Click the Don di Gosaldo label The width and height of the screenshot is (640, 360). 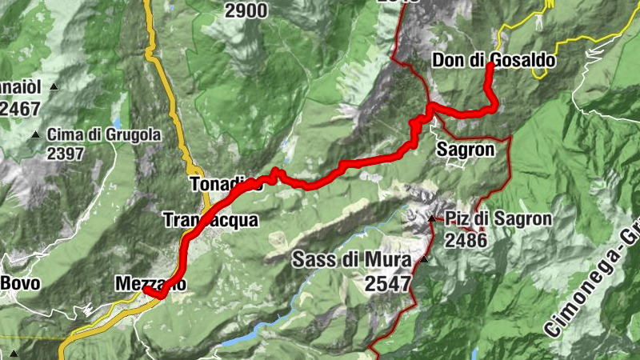(493, 60)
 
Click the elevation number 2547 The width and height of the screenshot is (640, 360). (387, 282)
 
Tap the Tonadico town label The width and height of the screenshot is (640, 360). (227, 185)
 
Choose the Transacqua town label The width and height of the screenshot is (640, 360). (210, 220)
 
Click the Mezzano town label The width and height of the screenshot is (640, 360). (150, 283)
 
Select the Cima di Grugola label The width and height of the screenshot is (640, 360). (104, 135)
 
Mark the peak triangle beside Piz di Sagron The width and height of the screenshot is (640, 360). (432, 218)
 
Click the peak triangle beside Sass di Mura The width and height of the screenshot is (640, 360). (424, 259)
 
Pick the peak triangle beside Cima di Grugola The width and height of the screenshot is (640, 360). (36, 135)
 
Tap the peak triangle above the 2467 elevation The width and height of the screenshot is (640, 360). (54, 86)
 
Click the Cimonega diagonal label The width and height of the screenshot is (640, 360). (592, 280)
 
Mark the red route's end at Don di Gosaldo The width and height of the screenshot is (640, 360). (490, 66)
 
